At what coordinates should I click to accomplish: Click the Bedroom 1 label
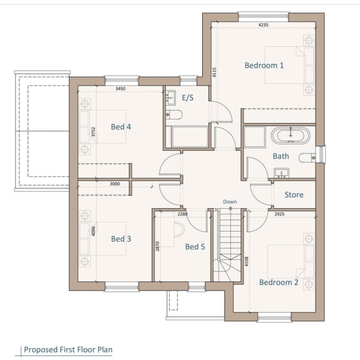(x=264, y=65)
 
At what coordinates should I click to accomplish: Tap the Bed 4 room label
(x=121, y=127)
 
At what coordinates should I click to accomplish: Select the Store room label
(x=294, y=194)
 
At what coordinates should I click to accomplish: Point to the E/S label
(x=188, y=98)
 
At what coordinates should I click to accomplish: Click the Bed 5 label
(x=195, y=247)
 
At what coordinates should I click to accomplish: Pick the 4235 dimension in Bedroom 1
(x=263, y=25)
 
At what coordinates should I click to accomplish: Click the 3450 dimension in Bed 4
(x=121, y=89)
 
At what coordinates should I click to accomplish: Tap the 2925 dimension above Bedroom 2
(x=280, y=214)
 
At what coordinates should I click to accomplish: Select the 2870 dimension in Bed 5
(x=157, y=246)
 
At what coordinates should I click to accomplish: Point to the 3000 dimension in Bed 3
(x=115, y=184)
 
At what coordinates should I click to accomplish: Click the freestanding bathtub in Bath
(x=290, y=136)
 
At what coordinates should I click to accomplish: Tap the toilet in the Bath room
(x=307, y=158)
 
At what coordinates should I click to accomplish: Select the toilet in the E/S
(x=174, y=115)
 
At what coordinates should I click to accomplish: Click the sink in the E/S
(x=170, y=98)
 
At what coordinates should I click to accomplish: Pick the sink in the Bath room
(x=281, y=173)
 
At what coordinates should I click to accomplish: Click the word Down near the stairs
(x=230, y=202)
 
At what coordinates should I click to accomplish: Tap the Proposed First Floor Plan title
(x=68, y=350)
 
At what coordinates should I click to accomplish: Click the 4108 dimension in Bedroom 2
(x=247, y=262)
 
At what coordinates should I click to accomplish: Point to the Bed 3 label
(x=121, y=239)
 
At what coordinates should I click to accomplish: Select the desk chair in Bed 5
(x=179, y=229)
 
